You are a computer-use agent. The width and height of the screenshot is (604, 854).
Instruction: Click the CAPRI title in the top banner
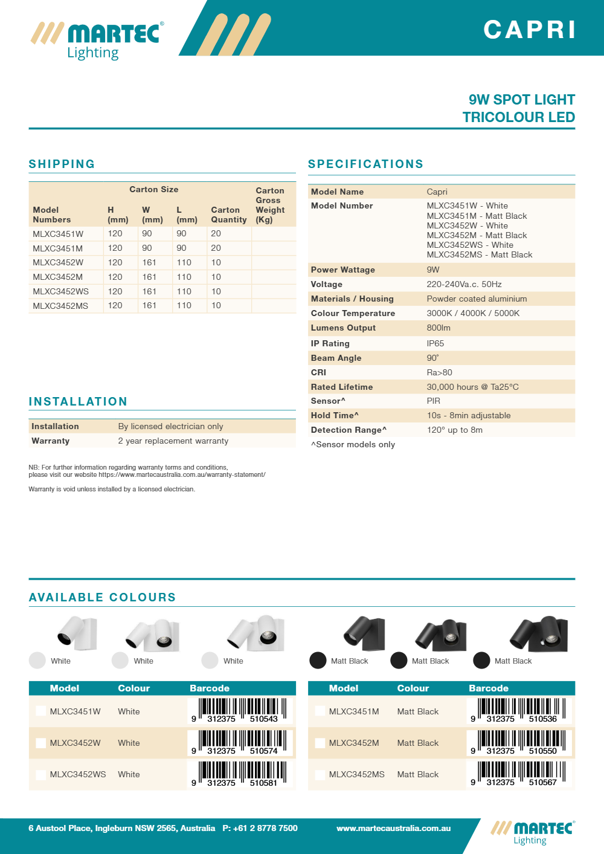(530, 30)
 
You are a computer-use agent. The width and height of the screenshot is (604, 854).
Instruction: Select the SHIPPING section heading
(62, 164)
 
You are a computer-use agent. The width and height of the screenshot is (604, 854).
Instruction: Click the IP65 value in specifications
(435, 343)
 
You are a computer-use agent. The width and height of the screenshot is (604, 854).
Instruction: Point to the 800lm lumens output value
(438, 328)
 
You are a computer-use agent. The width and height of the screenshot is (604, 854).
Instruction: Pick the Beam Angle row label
(336, 358)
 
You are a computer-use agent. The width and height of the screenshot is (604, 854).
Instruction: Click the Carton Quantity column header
(228, 215)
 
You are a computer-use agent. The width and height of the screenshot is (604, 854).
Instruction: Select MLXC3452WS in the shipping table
(60, 291)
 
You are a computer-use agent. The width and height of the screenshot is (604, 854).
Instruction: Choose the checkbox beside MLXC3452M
(320, 743)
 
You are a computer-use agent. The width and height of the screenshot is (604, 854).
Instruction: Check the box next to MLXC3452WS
(41, 774)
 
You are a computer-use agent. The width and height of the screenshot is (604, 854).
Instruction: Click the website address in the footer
(393, 828)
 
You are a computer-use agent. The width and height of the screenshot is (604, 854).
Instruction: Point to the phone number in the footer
(260, 828)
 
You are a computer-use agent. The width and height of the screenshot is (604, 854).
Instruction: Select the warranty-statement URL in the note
(182, 474)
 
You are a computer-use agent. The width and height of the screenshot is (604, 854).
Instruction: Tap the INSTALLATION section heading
(78, 401)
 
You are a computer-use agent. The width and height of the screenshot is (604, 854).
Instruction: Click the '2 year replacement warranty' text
(173, 441)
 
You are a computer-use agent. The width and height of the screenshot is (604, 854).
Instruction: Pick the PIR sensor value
(433, 401)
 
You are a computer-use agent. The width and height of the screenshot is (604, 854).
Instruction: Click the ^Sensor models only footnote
(353, 444)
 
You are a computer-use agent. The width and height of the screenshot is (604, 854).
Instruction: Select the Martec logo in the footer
(532, 832)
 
